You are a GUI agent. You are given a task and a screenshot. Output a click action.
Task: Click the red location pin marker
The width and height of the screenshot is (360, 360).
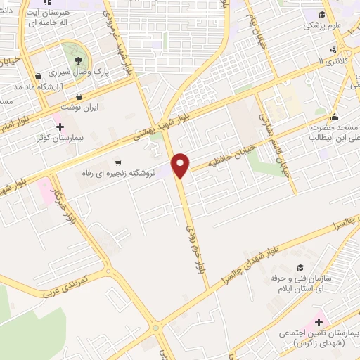coord(181,165)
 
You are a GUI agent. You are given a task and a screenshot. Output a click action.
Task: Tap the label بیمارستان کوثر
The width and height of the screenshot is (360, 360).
coord(60,139)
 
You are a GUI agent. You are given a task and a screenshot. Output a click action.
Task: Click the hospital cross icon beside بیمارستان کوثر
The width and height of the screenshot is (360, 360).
coord(60,127)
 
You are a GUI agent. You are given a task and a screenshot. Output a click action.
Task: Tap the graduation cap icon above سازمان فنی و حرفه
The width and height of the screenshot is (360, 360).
coord(301,268)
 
